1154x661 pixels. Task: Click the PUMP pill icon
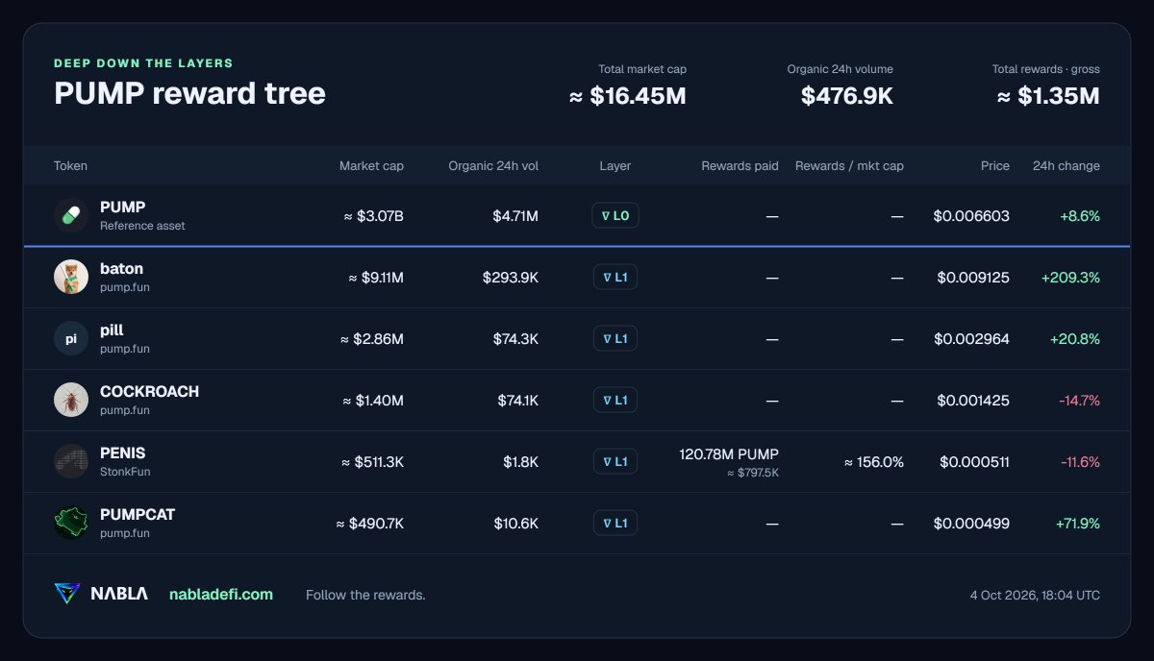[x=71, y=215]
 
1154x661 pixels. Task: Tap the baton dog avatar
[x=71, y=277]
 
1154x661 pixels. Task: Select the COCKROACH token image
[x=71, y=400]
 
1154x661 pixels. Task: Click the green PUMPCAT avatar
[x=71, y=523]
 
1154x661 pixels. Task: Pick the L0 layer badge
[x=615, y=215]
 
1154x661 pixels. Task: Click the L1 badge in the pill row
[x=615, y=338]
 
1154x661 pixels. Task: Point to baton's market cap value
[x=376, y=278]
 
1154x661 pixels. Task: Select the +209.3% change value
[x=1070, y=278]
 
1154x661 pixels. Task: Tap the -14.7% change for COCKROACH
[x=1079, y=400]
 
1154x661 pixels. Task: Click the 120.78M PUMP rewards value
[x=729, y=454]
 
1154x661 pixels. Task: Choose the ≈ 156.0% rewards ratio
[x=874, y=462]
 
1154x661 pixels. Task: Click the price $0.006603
[x=971, y=216]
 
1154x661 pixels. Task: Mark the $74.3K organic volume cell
[x=515, y=339]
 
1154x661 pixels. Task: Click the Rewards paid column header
[x=740, y=166]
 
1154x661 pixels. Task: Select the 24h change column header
[x=1066, y=166]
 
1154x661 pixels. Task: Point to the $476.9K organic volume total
[x=847, y=96]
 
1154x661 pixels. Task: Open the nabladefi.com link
[x=221, y=594]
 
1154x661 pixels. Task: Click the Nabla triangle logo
[x=67, y=593]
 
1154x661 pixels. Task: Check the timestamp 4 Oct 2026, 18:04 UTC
[x=1035, y=595]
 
